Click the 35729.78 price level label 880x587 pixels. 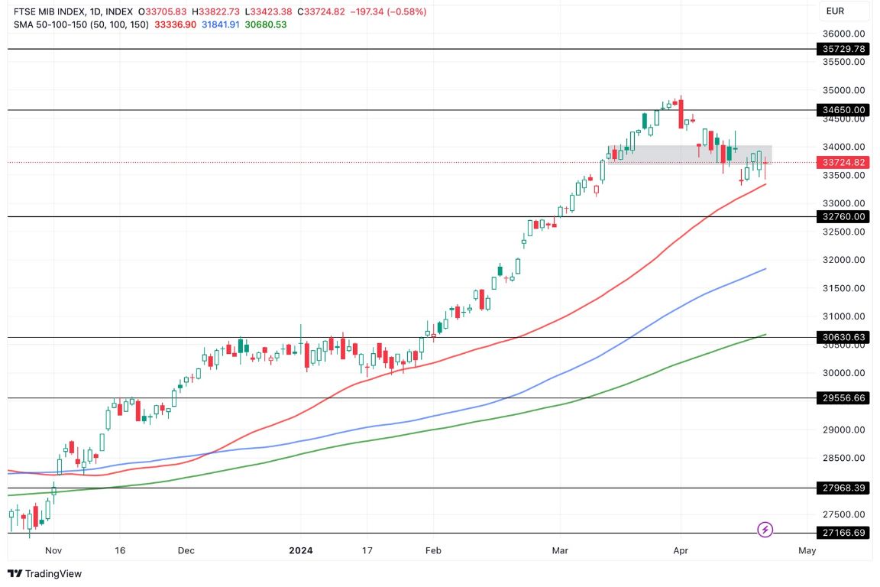843,49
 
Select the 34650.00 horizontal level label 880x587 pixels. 843,110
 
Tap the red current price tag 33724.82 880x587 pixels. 843,163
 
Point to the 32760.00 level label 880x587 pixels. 843,217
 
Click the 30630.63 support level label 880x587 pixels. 843,337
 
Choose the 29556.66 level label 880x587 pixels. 843,398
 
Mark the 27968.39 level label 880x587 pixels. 843,488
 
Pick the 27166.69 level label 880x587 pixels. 843,533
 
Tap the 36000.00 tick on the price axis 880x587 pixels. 843,34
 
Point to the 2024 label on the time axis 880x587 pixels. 299,550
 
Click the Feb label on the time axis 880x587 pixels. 433,550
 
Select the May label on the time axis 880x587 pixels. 807,550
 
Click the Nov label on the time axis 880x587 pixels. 53,550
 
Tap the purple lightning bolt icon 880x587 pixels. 765,529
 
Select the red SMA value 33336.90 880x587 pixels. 175,24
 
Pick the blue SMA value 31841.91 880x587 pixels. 219,24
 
